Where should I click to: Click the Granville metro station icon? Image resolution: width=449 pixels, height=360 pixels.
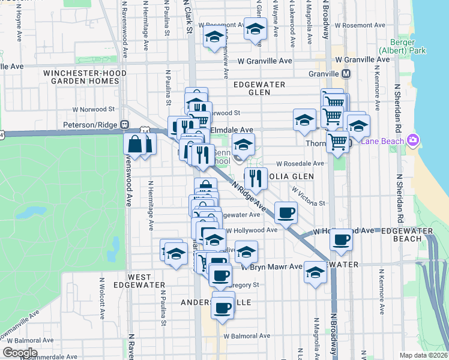pos(346,74)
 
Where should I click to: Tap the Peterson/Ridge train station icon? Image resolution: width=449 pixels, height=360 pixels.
pos(125,124)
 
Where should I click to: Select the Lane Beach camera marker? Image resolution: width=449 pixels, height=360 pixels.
pos(412,140)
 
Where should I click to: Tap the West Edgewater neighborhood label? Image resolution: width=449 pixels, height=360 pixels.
pos(131,281)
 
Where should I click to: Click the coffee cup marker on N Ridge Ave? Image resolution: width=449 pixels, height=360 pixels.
pos(286,211)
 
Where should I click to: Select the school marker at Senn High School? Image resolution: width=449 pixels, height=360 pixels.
pos(243,144)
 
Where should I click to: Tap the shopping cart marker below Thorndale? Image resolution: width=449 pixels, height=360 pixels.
pos(338,142)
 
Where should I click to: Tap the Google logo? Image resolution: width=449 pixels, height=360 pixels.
pos(19,353)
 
